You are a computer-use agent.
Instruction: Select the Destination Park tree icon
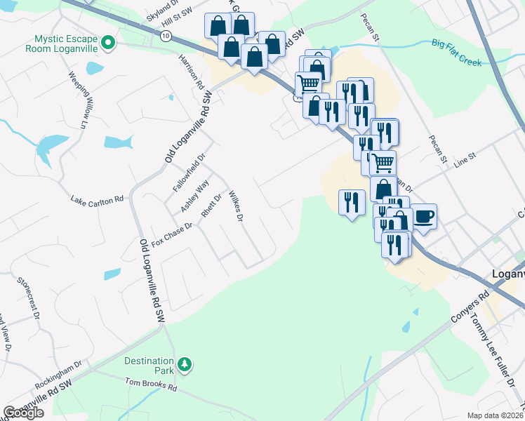point(185,364)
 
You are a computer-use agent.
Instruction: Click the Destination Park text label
point(149,365)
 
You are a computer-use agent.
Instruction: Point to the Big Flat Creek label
point(456,54)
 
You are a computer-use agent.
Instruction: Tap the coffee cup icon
point(423,215)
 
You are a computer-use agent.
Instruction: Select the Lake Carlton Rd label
point(97,201)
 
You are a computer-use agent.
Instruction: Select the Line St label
point(465,161)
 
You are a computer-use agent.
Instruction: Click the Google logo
point(23,413)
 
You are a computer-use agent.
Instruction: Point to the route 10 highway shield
point(164,34)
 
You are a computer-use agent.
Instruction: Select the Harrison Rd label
point(191,71)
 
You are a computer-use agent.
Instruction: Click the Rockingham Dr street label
point(58,375)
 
